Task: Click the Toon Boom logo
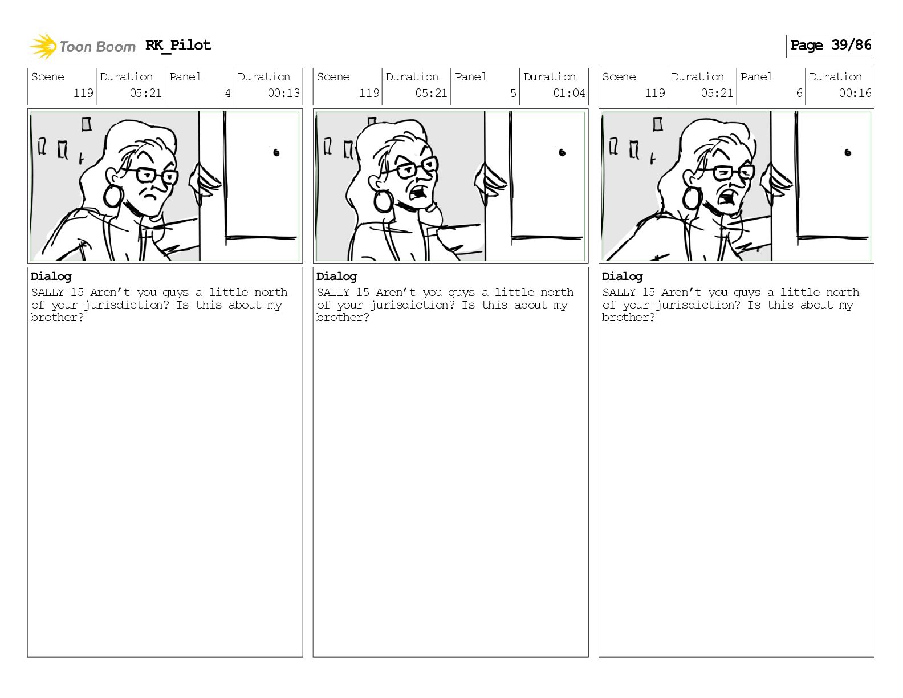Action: pos(82,46)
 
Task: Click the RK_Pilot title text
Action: pos(178,45)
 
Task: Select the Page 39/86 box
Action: pos(830,46)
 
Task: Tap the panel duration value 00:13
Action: pos(283,93)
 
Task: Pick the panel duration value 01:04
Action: pos(569,93)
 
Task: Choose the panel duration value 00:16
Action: pos(855,93)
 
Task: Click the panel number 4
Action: pos(227,93)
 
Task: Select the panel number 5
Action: pos(513,93)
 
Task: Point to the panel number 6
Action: pos(799,93)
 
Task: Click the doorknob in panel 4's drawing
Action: pos(276,153)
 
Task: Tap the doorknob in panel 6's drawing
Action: pos(848,153)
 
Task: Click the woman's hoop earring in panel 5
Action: pos(384,200)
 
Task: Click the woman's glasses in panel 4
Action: pos(152,174)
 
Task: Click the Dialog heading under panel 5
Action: pos(336,277)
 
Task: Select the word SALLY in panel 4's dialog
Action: pos(47,292)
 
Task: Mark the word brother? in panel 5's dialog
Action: pos(343,318)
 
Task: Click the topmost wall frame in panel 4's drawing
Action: pos(87,124)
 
